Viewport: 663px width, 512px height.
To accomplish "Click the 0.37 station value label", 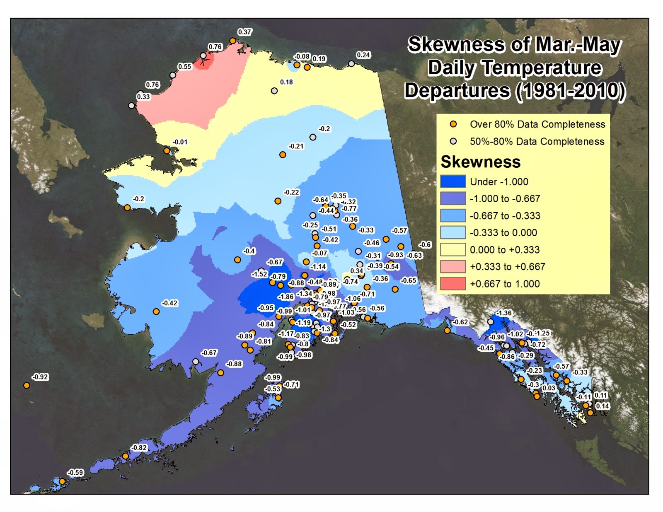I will click(x=244, y=32).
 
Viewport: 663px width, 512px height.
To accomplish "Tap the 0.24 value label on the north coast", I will click(x=363, y=55).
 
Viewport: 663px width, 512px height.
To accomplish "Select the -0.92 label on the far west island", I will click(x=40, y=377).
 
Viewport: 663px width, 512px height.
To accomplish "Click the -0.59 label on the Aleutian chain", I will click(x=75, y=472).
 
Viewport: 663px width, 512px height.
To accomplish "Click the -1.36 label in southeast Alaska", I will click(x=504, y=313).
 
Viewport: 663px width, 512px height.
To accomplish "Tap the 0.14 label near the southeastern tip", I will click(x=602, y=406).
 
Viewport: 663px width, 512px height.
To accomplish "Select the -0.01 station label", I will click(x=180, y=142).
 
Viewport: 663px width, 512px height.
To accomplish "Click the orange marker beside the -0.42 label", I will click(x=156, y=312).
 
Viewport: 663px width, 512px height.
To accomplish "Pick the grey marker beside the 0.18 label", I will click(x=274, y=91).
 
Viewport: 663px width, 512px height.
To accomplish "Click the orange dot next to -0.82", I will click(x=125, y=456).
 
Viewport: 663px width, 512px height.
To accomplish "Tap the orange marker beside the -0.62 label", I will click(x=447, y=331).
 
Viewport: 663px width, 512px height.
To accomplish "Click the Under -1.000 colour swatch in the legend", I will click(x=453, y=181).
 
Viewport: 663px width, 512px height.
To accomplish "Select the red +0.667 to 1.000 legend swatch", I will click(x=453, y=284).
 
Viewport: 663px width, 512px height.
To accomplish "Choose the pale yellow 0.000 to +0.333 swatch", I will click(x=453, y=250).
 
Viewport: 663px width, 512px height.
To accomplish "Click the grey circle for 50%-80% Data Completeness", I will click(x=453, y=141).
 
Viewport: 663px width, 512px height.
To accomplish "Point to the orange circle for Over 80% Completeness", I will click(x=453, y=124).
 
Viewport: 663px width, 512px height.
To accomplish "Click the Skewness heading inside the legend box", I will click(x=480, y=162).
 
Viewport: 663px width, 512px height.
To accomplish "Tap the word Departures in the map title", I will click(x=457, y=91).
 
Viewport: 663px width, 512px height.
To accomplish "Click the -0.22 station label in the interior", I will click(x=291, y=192).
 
